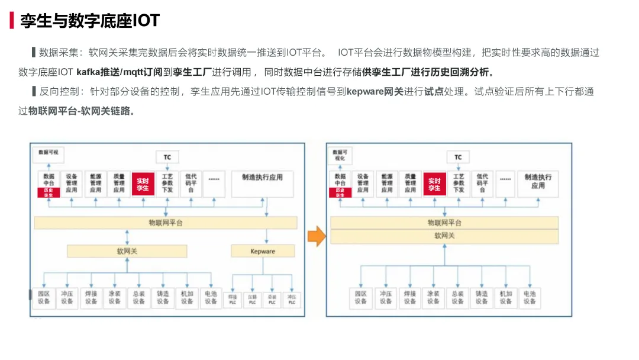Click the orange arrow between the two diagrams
[x=317, y=236]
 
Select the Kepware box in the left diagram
[x=263, y=251]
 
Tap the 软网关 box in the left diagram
[x=127, y=251]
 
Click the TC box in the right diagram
[x=458, y=157]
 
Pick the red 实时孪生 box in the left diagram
[x=143, y=184]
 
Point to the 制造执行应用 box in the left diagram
[x=262, y=184]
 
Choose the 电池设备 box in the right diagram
[x=529, y=297]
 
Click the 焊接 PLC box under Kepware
[x=233, y=299]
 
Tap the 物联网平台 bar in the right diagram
[x=444, y=223]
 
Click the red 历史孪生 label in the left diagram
[x=49, y=192]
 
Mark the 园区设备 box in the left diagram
[x=43, y=297]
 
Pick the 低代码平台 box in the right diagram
[x=482, y=184]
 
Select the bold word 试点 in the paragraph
[x=434, y=92]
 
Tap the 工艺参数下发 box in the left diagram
[x=167, y=184]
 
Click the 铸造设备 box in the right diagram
[x=481, y=297]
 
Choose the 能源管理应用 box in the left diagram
[x=95, y=184]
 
